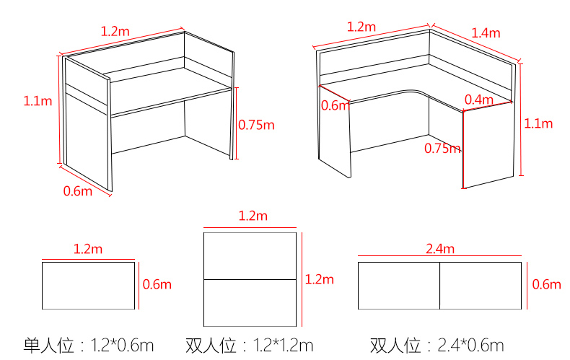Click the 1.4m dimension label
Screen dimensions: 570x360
click(486, 33)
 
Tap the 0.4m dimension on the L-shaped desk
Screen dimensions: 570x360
click(479, 100)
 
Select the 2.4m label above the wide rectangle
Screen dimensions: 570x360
click(440, 249)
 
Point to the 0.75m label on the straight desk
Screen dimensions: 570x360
click(256, 125)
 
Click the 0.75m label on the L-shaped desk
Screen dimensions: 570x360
click(442, 149)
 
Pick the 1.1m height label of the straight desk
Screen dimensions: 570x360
click(38, 101)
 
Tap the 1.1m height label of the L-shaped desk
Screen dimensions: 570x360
click(538, 123)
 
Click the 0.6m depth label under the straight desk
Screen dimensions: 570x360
click(78, 191)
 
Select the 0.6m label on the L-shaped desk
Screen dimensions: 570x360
click(336, 105)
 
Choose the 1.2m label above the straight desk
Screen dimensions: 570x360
click(115, 31)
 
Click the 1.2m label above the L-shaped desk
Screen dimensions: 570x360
click(361, 27)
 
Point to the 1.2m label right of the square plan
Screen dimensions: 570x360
click(319, 279)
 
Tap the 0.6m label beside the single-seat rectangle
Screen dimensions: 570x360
click(157, 284)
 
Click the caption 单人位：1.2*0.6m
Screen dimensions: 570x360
click(89, 346)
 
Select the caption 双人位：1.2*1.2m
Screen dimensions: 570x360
click(250, 346)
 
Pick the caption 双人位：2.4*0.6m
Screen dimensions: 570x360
click(437, 346)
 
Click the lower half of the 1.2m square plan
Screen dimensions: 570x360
click(250, 303)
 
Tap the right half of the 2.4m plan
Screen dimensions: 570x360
click(481, 286)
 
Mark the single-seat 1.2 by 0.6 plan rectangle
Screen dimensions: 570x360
click(88, 286)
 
